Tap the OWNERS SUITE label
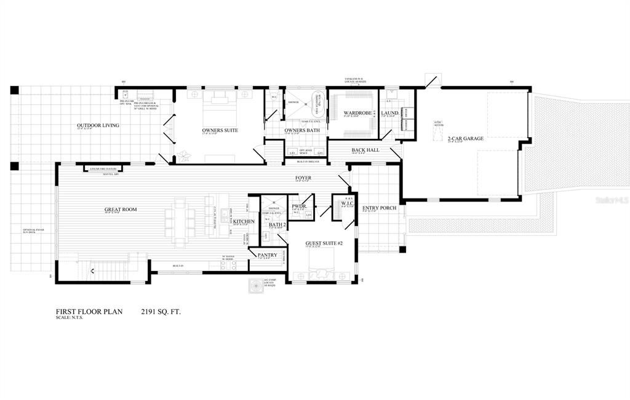click(x=220, y=130)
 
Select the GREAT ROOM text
click(x=120, y=210)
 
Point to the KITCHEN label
click(x=244, y=221)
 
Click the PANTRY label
click(x=267, y=254)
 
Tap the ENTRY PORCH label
click(x=379, y=208)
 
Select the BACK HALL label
click(x=365, y=150)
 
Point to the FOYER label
click(x=303, y=178)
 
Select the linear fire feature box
click(x=103, y=168)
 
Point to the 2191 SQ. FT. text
click(x=161, y=312)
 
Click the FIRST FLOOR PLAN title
click(x=89, y=312)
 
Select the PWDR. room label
click(x=300, y=206)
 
